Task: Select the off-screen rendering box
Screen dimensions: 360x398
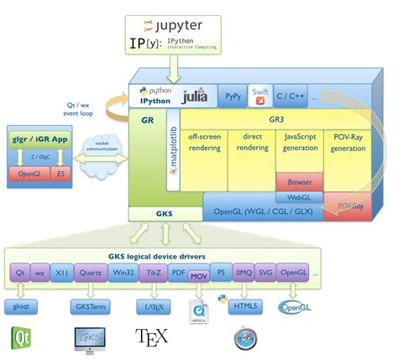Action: (204, 143)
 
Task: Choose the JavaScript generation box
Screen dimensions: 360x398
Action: (299, 143)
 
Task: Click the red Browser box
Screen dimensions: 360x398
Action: (300, 180)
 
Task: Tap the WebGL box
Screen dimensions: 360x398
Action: (300, 196)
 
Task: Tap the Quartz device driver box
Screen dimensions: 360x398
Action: (88, 273)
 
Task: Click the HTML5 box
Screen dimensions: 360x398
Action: (245, 308)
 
